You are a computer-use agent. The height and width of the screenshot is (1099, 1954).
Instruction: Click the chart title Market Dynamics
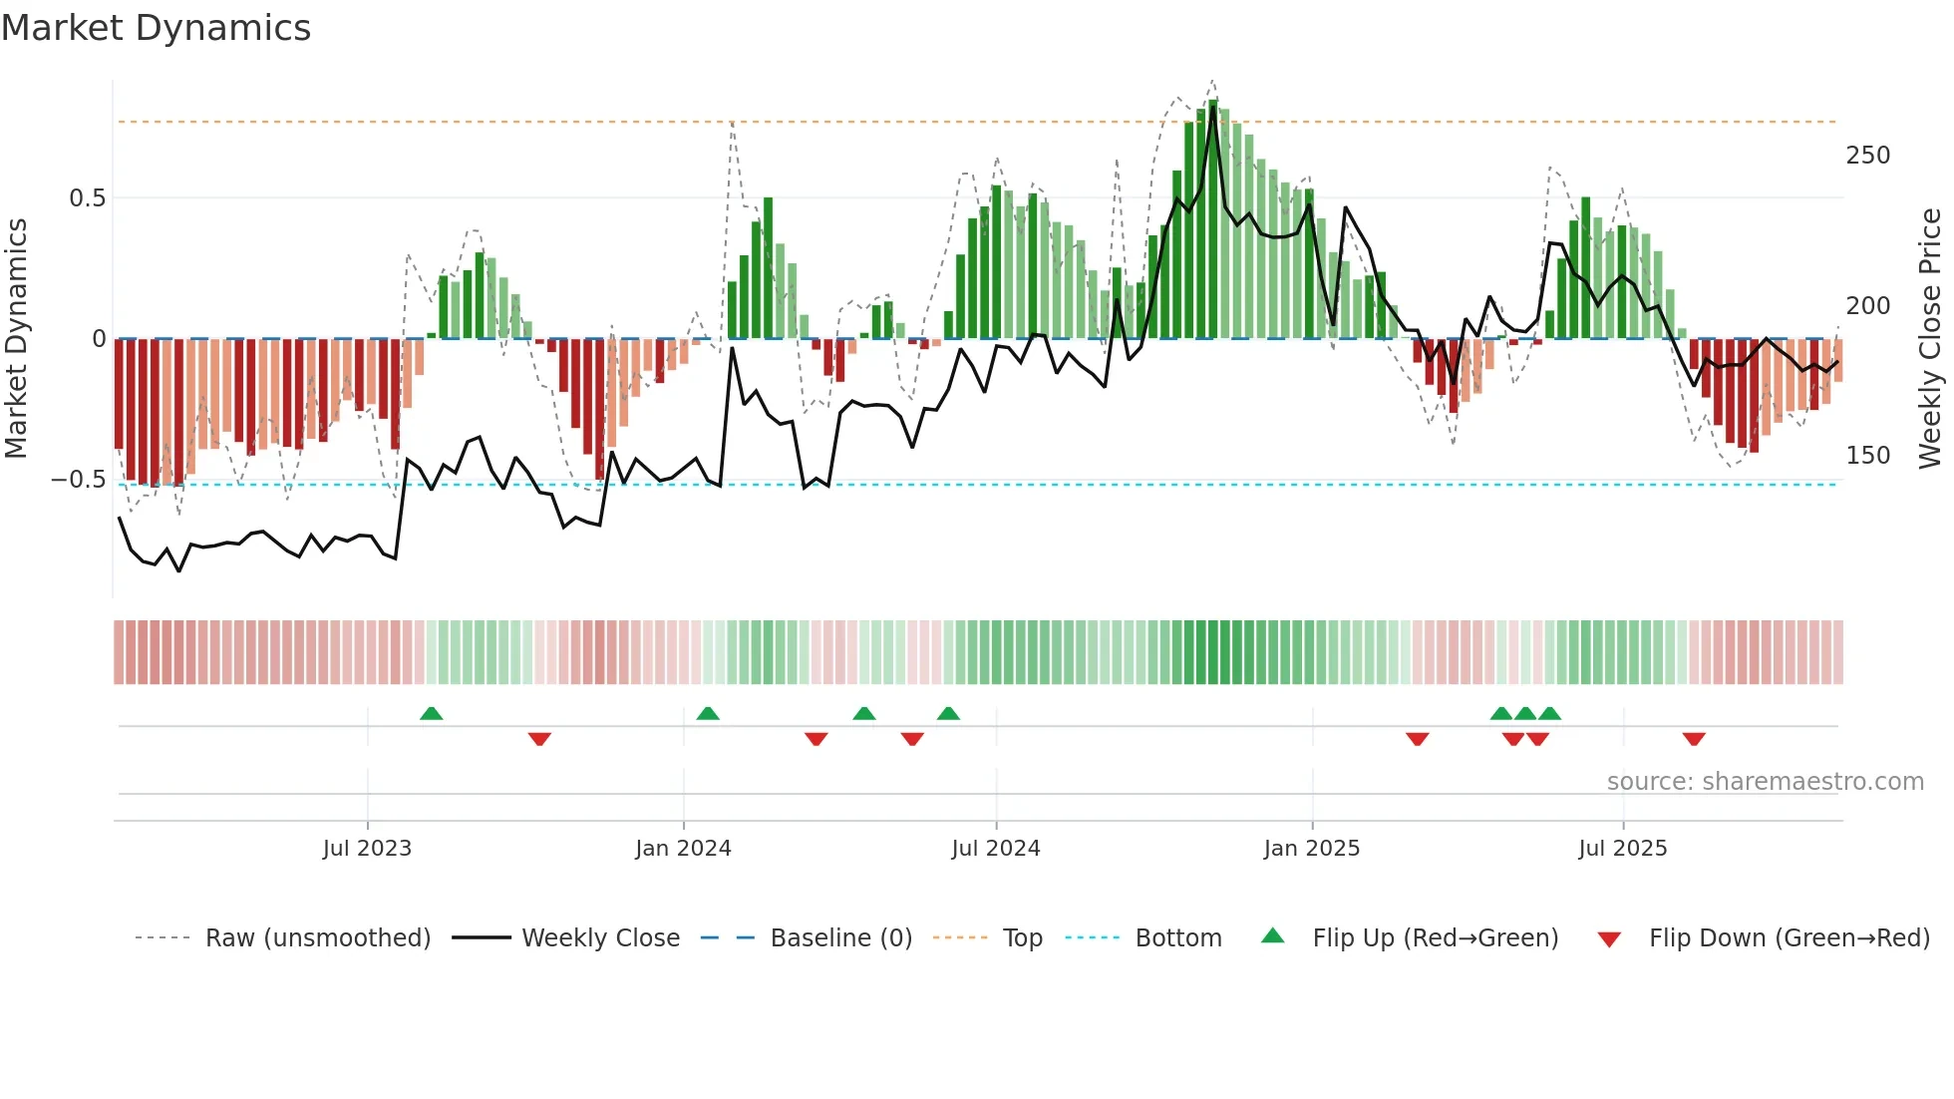(157, 28)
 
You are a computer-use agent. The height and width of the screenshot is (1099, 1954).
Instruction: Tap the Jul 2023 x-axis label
(367, 849)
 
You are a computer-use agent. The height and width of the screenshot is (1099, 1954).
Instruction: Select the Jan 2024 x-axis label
(683, 849)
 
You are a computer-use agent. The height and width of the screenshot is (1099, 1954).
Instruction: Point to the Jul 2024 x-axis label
(996, 849)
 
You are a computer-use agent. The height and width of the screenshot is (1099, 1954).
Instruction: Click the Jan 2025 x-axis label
(1311, 849)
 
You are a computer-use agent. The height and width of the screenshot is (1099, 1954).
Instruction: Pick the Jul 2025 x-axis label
(1622, 849)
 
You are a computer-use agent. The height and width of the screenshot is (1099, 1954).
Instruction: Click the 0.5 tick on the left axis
(88, 198)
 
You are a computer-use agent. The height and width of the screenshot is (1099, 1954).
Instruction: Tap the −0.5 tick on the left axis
(79, 480)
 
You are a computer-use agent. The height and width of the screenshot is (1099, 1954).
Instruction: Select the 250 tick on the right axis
(1867, 156)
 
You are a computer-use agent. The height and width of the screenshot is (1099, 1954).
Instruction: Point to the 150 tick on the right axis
(1867, 456)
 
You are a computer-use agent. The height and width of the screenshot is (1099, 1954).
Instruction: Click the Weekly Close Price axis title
(1931, 339)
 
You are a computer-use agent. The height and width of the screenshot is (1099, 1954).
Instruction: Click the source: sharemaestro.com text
(1765, 782)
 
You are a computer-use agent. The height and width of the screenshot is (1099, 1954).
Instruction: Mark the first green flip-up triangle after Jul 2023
(431, 714)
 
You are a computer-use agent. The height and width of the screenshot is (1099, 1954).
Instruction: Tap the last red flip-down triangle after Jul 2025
(1693, 739)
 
